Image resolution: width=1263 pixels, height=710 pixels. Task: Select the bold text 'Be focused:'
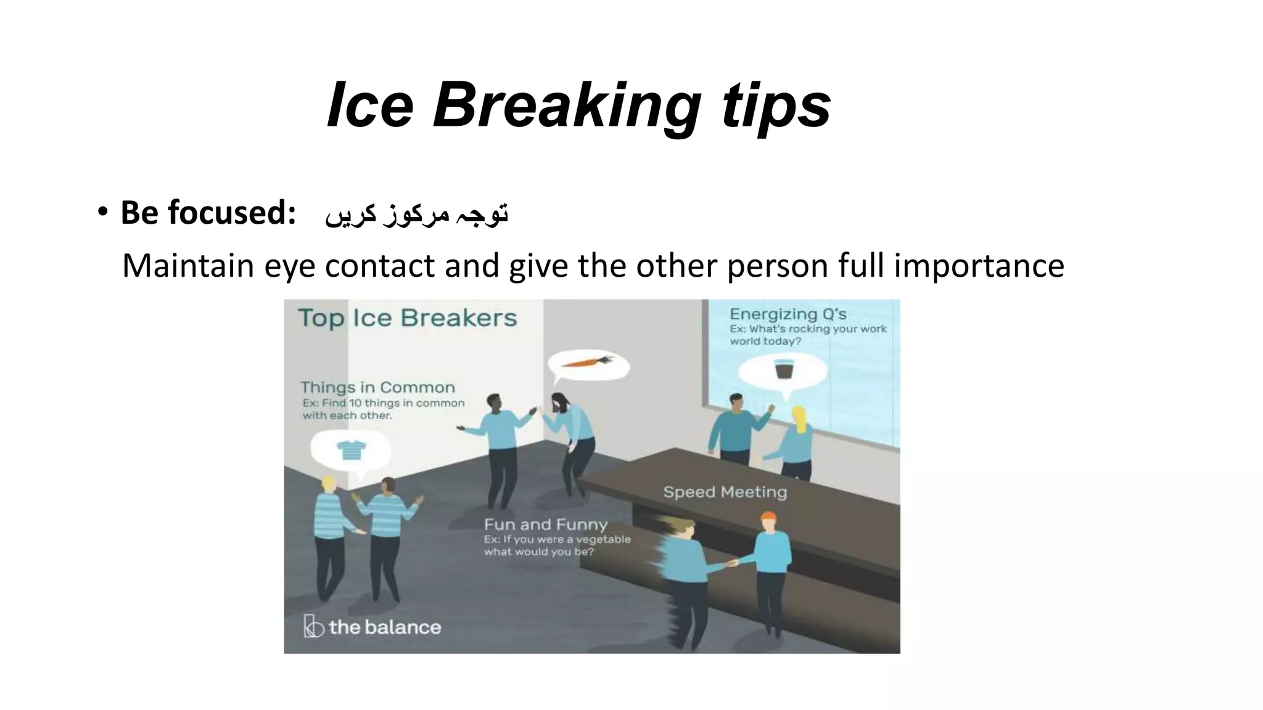point(208,213)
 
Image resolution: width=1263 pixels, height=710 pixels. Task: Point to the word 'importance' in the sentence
point(979,266)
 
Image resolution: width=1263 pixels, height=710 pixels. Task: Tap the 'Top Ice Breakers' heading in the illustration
point(408,318)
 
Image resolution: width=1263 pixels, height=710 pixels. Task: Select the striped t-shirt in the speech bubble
point(352,450)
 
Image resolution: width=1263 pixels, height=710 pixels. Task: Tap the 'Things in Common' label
point(377,388)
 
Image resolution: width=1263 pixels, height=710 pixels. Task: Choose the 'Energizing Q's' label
point(788,314)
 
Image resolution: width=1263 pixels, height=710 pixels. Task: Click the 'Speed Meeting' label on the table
point(725,492)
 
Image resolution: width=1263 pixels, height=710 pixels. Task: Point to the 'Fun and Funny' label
point(545,524)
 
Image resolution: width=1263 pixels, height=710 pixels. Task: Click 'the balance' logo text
point(385,627)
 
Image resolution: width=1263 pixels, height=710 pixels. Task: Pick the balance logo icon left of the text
point(313,626)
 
